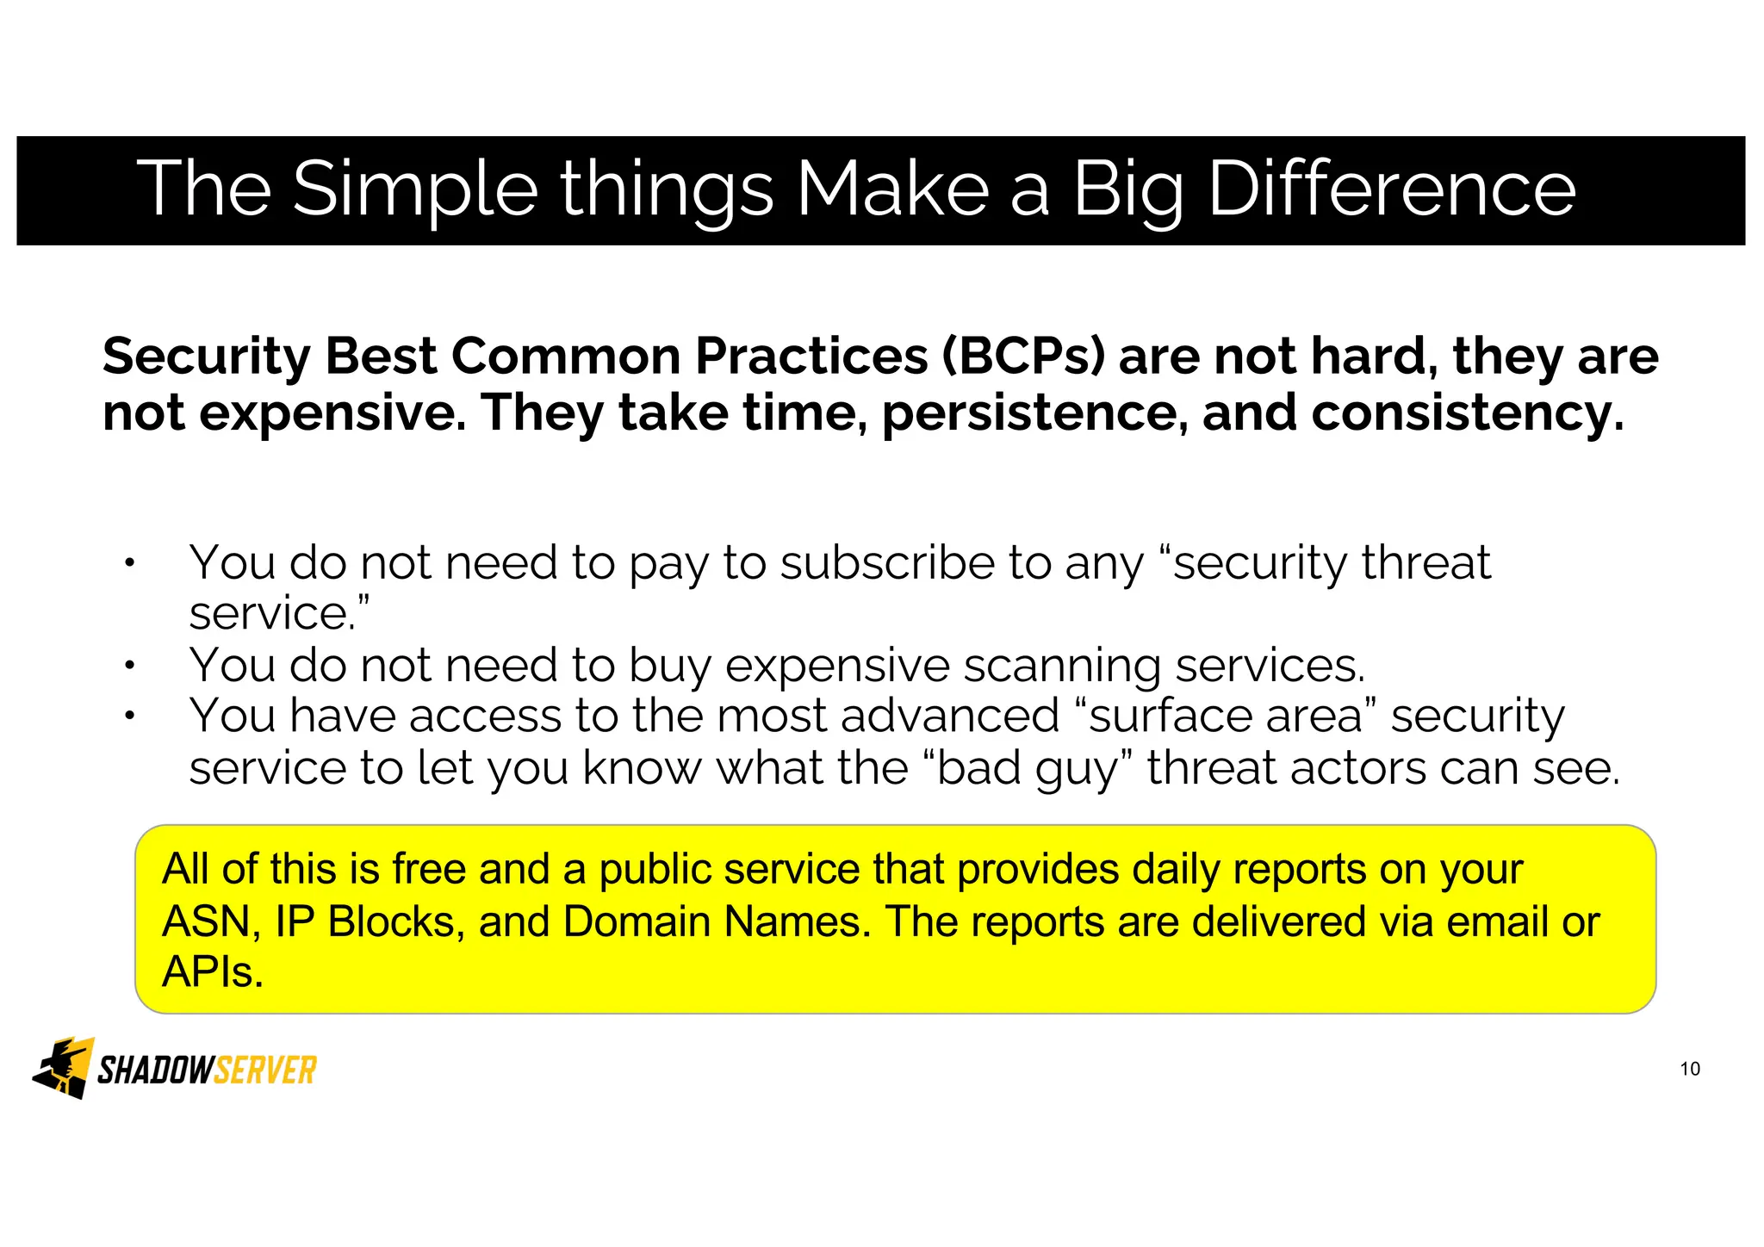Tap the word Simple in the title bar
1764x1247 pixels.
[x=415, y=191]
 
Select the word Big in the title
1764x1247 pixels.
[x=1129, y=191]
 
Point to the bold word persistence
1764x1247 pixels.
[x=1029, y=413]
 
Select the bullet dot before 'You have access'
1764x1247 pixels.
[x=129, y=717]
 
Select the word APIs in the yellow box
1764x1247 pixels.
[x=212, y=973]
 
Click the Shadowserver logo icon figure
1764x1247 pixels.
[x=64, y=1068]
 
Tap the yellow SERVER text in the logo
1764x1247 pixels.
[x=264, y=1070]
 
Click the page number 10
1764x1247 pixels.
[x=1689, y=1070]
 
